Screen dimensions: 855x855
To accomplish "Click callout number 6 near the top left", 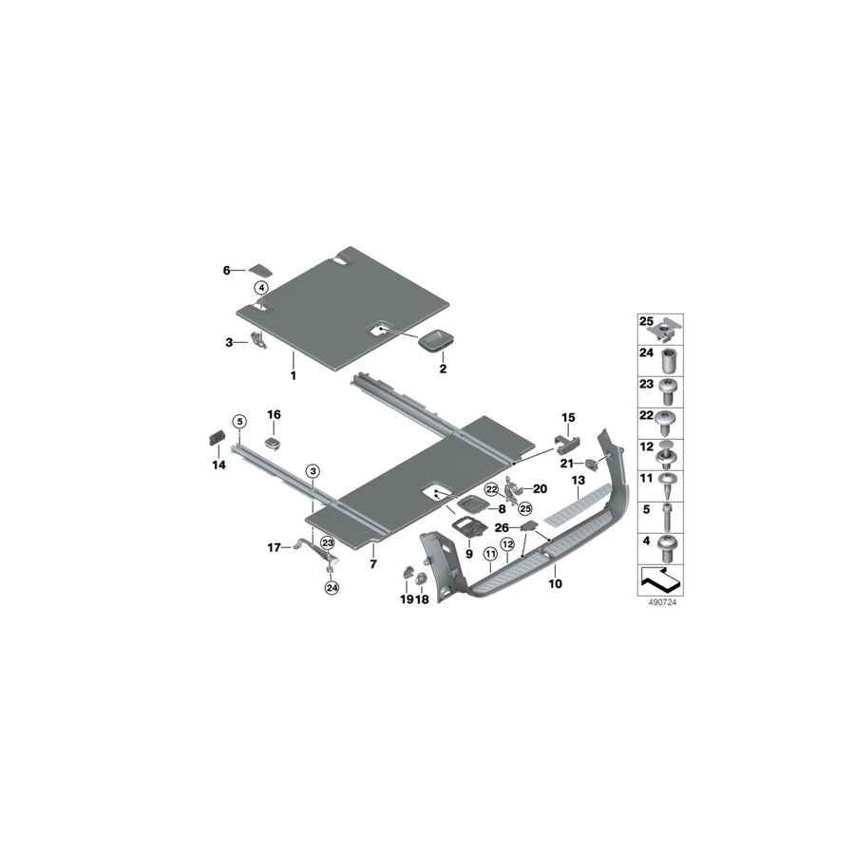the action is coord(226,270).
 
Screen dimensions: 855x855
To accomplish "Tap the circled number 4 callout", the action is coord(261,287).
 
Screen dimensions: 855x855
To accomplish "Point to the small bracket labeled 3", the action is coord(257,339).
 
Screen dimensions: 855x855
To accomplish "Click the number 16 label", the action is coord(274,414).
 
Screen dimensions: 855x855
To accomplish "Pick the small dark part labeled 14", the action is coord(218,438).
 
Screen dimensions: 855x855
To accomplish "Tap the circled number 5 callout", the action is coord(239,421).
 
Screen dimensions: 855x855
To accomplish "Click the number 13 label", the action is coord(578,480).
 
